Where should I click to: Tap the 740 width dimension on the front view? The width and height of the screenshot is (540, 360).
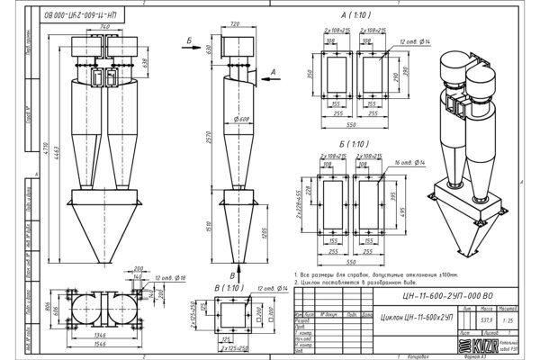pyautogui.click(x=106, y=27)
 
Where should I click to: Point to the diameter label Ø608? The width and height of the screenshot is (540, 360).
pyautogui.click(x=239, y=118)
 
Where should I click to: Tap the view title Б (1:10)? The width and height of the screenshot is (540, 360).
pyautogui.click(x=355, y=142)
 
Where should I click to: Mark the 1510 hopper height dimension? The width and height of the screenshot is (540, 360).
pyautogui.click(x=206, y=230)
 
